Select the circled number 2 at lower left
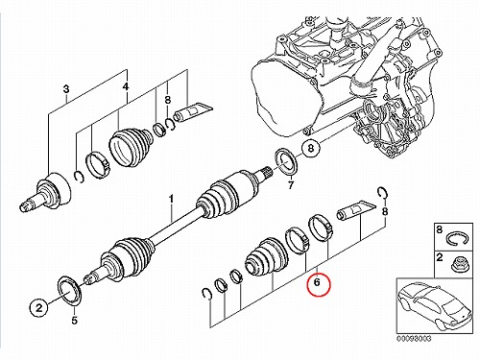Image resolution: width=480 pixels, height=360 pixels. pos(38,308)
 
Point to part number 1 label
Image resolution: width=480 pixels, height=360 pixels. pos(172,200)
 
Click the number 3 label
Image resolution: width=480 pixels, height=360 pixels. pos(66,88)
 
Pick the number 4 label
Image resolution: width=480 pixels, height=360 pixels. pos(126,86)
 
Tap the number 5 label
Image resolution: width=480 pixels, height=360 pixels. pos(75,320)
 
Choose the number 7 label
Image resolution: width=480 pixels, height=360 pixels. pos(291,185)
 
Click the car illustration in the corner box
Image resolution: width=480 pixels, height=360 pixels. pos(435,305)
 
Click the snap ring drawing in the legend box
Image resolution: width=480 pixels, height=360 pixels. pos(457,239)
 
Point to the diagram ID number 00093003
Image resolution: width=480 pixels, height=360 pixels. pos(414,339)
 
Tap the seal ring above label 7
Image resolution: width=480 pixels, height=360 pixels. pos(286,162)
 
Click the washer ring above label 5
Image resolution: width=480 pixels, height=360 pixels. pos(69,292)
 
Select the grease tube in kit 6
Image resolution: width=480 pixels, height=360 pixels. pos(356,210)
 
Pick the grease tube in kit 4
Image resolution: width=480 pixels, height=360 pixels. pos(193,112)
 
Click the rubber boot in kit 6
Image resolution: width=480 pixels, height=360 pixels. pos(266,256)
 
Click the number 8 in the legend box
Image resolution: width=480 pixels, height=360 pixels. pos(440,229)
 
